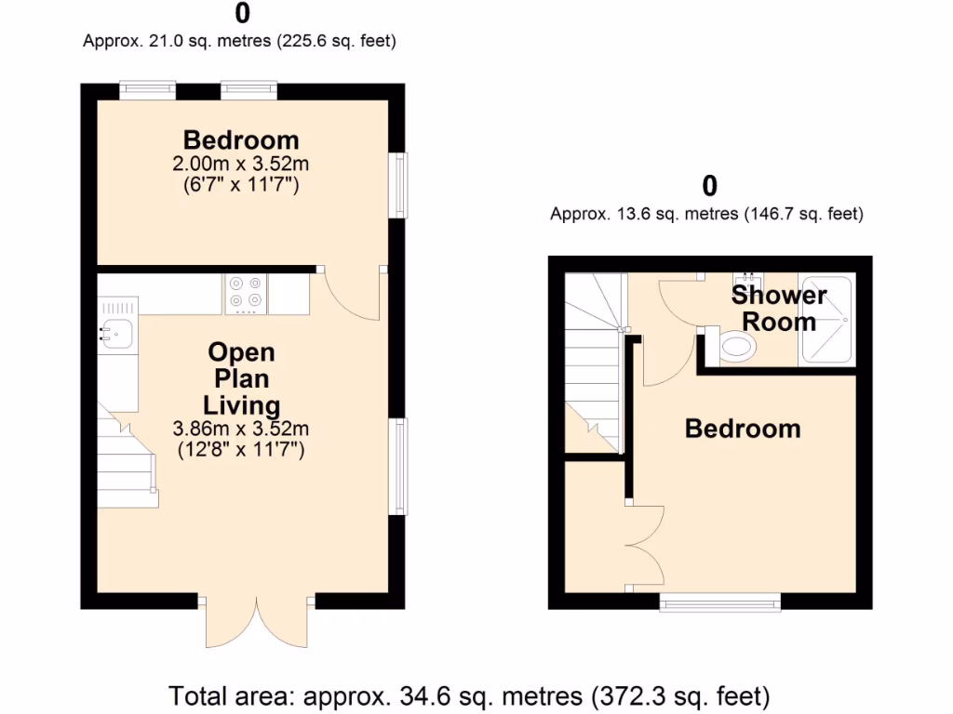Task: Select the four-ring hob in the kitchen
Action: [x=246, y=294]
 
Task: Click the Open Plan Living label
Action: [x=241, y=378]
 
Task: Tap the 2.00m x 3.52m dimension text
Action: [x=240, y=165]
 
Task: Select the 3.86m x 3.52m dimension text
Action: [x=240, y=430]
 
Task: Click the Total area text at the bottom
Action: [x=469, y=694]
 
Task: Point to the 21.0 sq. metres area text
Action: [x=240, y=41]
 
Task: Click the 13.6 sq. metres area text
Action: [x=707, y=214]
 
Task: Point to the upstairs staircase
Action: [x=592, y=363]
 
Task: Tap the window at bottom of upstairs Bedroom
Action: [x=719, y=603]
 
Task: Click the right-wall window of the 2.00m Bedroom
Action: [x=397, y=185]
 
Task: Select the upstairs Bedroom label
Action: [x=743, y=429]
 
